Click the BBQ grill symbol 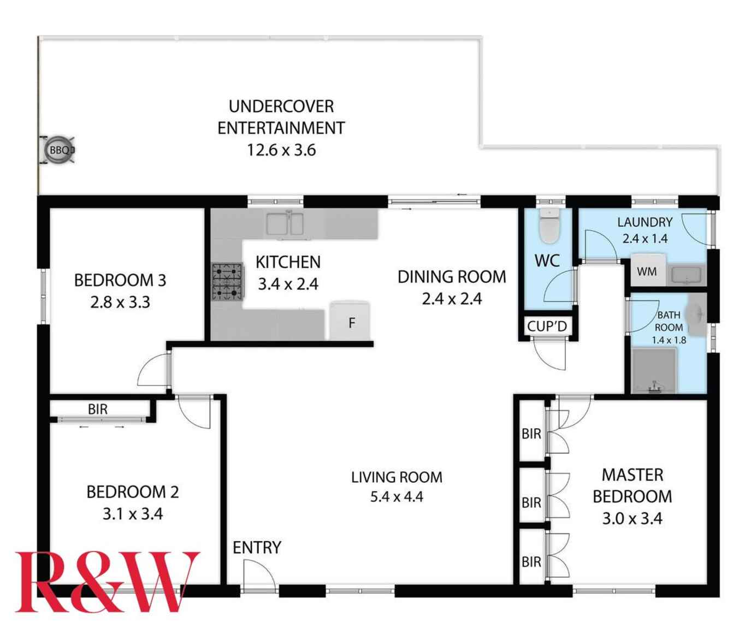coord(59,150)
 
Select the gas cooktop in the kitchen coord(227,282)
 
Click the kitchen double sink coord(285,224)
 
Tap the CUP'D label coord(547,326)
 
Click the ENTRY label coord(257,547)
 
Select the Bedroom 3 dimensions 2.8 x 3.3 coord(120,302)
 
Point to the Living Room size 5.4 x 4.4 coord(397,497)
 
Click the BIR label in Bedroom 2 coord(98,409)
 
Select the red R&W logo coord(107,581)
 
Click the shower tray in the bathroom coord(654,371)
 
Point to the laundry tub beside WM coord(687,275)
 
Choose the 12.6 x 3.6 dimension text coord(281,150)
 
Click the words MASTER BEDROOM coord(632,485)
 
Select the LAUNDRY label coord(645,222)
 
